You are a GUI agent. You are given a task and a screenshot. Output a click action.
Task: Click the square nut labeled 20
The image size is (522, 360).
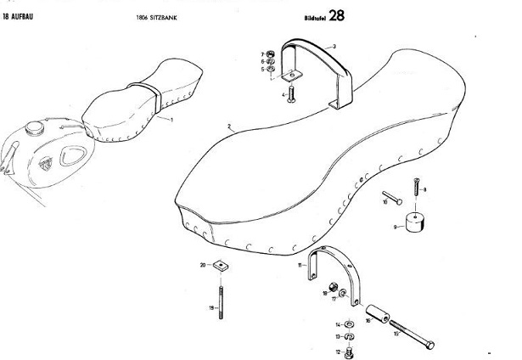click(x=219, y=266)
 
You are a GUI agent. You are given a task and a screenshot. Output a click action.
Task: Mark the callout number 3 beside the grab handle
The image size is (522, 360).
click(x=334, y=45)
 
